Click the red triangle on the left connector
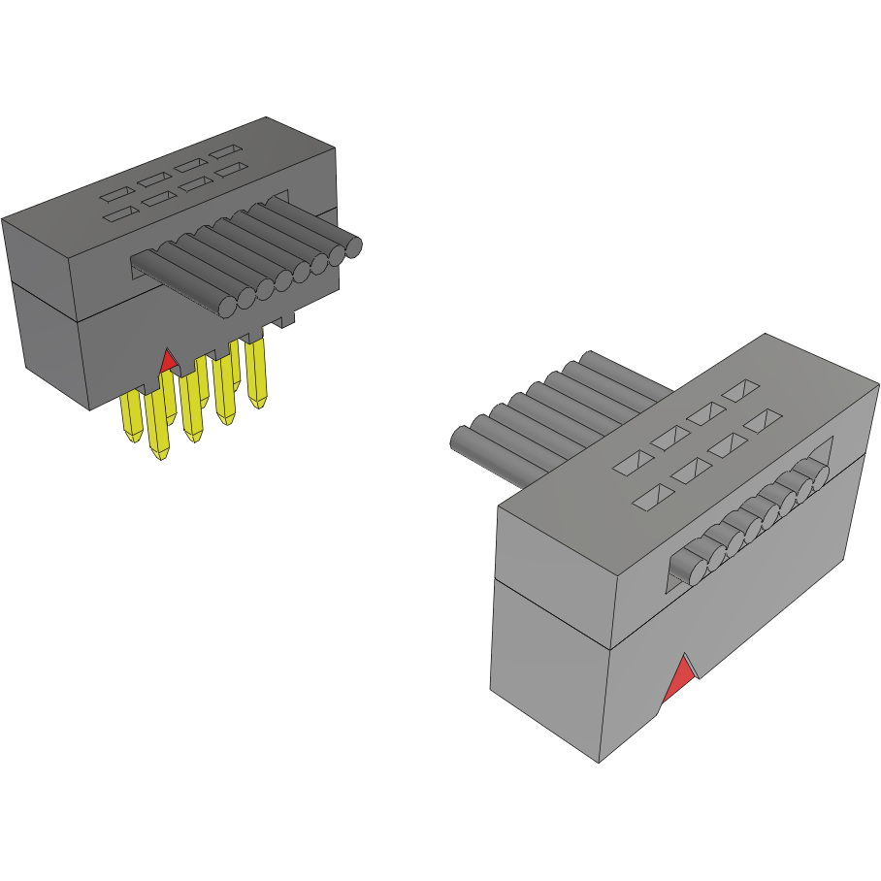(x=168, y=362)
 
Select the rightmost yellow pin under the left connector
(x=257, y=374)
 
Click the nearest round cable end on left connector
(x=227, y=307)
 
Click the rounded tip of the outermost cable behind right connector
(x=459, y=440)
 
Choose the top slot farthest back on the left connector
(x=228, y=152)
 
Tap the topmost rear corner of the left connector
(x=266, y=117)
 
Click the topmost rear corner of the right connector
(x=766, y=334)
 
